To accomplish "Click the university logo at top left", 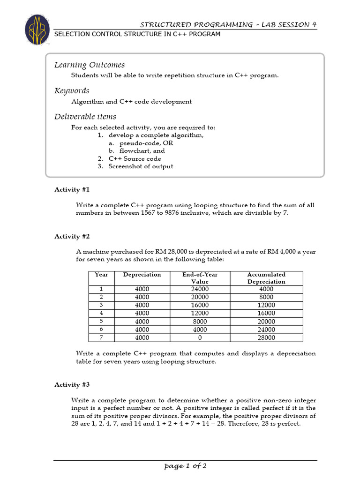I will pyautogui.click(x=37, y=30).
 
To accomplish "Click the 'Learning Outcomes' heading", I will pyautogui.click(x=90, y=65).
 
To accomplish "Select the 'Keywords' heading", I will pyautogui.click(x=72, y=90).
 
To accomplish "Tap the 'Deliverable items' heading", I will pyautogui.click(x=85, y=116).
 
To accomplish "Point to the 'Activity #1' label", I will pyautogui.click(x=72, y=189).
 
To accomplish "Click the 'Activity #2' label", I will pyautogui.click(x=72, y=236).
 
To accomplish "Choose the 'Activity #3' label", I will pyautogui.click(x=72, y=384).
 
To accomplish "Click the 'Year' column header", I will pyautogui.click(x=101, y=275).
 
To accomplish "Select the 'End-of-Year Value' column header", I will pyautogui.click(x=200, y=278).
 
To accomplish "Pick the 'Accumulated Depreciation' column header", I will pyautogui.click(x=266, y=278).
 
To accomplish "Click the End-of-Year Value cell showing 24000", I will pyautogui.click(x=200, y=289).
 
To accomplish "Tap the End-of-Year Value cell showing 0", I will pyautogui.click(x=200, y=337).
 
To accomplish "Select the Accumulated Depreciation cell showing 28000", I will pyautogui.click(x=266, y=337).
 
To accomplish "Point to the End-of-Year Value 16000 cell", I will pyautogui.click(x=200, y=305).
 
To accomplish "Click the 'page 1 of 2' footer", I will pyautogui.click(x=185, y=465).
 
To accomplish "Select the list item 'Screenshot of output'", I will pyautogui.click(x=140, y=166).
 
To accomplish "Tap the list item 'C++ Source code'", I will pyautogui.click(x=135, y=158).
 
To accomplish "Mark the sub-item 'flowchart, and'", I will pyautogui.click(x=138, y=151).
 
